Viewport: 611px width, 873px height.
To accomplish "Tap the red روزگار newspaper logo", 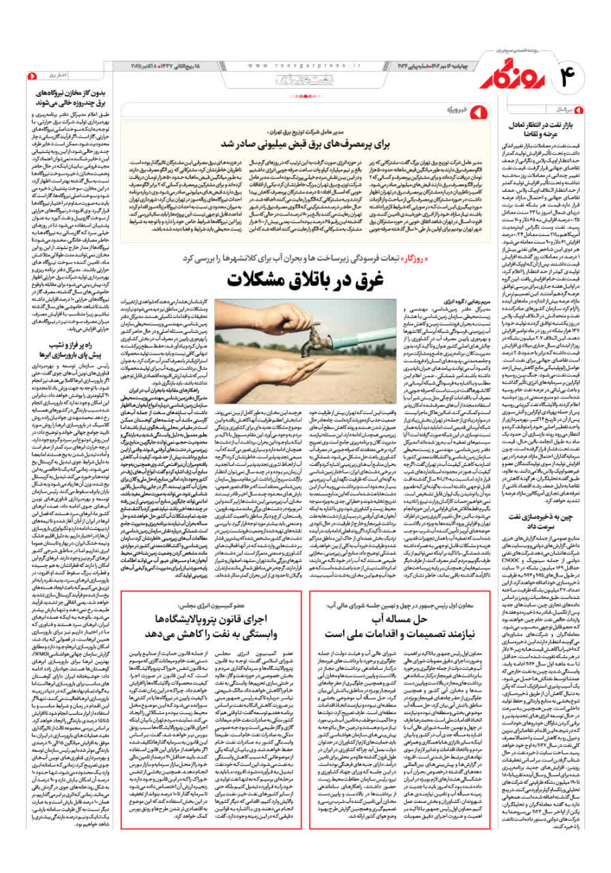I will coord(511,76).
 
